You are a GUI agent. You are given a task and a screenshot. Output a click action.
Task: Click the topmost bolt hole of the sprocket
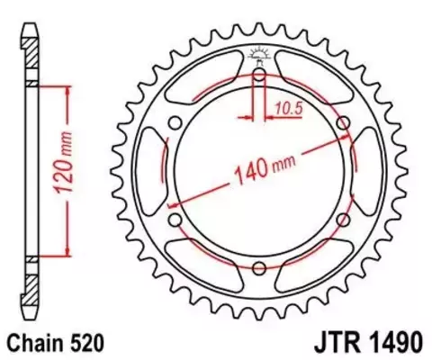259,76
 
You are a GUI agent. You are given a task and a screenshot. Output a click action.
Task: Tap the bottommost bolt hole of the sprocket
259,266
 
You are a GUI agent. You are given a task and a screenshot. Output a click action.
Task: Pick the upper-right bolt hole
342,123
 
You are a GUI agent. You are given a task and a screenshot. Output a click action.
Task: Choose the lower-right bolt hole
342,219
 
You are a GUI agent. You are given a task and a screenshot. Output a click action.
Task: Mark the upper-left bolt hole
176,123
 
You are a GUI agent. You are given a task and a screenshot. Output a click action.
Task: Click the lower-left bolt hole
176,219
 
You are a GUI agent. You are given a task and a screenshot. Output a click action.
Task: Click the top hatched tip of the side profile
31,54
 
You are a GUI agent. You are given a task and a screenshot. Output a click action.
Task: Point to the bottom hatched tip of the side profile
31,288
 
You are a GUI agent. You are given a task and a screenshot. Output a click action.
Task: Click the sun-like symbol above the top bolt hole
259,56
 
